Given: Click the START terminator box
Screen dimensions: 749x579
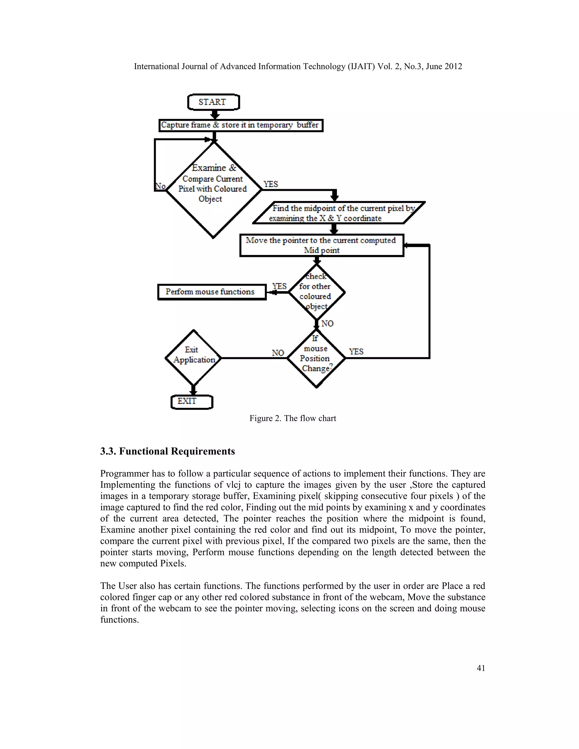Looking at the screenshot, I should point(213,102).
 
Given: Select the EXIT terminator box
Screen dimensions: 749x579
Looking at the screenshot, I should point(192,402).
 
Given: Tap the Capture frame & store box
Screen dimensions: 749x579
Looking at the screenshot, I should point(241,125).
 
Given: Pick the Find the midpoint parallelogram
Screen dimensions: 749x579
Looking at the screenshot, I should point(338,213).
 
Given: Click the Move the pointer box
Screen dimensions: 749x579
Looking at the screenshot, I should point(321,245).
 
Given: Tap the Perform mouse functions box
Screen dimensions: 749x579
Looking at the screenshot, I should point(212,292).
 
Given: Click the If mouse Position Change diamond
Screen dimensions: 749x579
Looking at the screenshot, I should point(316,358).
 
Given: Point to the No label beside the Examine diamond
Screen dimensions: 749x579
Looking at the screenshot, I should point(160,186).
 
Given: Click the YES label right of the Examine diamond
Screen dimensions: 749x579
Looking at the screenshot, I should point(271,184).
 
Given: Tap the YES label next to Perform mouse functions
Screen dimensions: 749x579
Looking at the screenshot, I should point(279,286).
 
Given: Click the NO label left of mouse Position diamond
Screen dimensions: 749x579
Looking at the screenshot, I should point(278,353).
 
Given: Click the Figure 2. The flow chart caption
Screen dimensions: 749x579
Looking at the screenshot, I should point(293,418).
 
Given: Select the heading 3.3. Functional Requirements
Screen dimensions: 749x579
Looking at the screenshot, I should point(167,451).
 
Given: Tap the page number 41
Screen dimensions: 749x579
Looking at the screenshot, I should point(481,668).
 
